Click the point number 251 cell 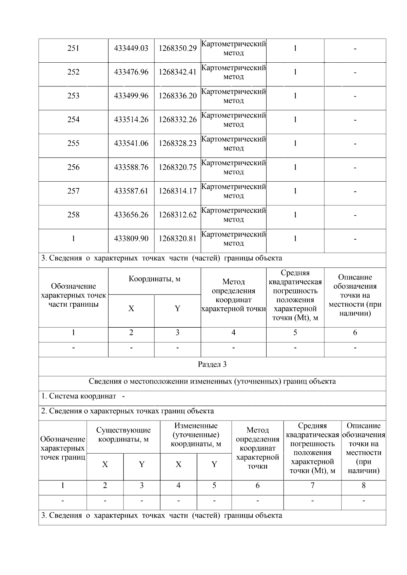click(x=73, y=48)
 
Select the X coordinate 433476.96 click(x=131, y=72)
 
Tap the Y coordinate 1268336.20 click(x=177, y=96)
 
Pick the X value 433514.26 click(x=131, y=120)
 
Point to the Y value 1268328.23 click(x=177, y=143)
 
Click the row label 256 click(x=73, y=167)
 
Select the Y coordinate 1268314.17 click(x=177, y=191)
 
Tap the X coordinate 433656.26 click(x=131, y=215)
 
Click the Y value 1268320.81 click(x=177, y=239)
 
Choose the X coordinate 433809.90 click(x=131, y=239)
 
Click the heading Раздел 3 click(x=212, y=365)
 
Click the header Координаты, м click(x=154, y=279)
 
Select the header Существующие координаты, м click(x=123, y=435)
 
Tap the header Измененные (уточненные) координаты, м click(x=196, y=435)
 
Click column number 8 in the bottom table click(x=363, y=486)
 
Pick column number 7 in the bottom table click(x=312, y=486)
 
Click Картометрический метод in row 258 click(x=233, y=215)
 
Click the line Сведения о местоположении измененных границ click(x=212, y=382)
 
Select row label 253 click(x=73, y=96)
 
